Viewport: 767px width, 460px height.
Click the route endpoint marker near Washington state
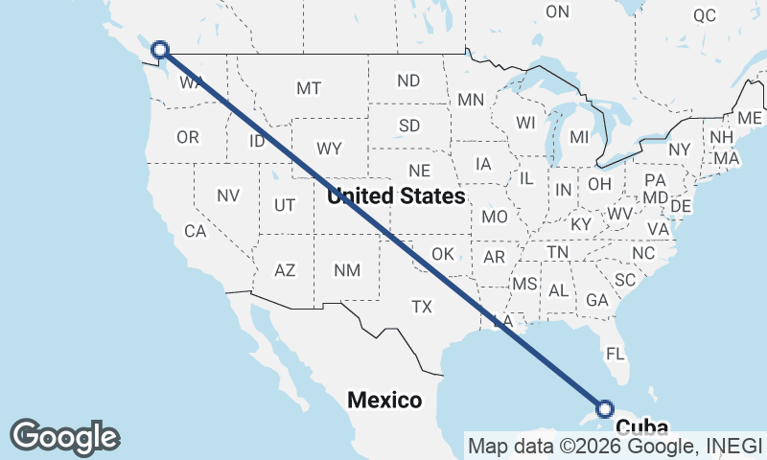tap(160, 49)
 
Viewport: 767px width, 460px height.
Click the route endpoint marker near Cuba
tap(605, 409)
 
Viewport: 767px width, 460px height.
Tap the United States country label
tap(395, 196)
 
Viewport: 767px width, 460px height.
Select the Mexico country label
tap(384, 400)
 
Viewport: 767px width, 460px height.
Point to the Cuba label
tap(641, 427)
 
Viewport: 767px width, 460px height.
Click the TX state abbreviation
tap(422, 307)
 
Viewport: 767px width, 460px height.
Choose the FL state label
tap(616, 353)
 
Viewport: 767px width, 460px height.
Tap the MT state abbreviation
tap(309, 88)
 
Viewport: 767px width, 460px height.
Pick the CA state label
tap(196, 231)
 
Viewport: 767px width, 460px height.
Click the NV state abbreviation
tap(227, 195)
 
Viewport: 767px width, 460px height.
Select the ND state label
tap(408, 81)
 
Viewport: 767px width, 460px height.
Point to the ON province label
tap(557, 11)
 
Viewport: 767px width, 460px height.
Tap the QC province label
tap(705, 15)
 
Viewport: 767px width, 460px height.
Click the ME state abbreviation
tap(751, 118)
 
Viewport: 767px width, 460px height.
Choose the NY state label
tap(680, 149)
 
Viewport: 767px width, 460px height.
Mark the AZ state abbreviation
tap(285, 270)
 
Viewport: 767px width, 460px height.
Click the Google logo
tap(64, 436)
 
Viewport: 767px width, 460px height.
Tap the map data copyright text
tap(614, 446)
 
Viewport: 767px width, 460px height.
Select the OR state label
tap(188, 137)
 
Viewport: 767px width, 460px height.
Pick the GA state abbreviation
tap(597, 300)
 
